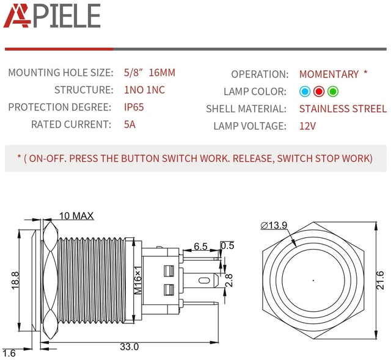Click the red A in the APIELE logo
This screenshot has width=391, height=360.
(17, 15)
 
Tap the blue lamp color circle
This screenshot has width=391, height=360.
(305, 92)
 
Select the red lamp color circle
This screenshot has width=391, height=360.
(319, 92)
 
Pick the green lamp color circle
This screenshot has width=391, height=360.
(332, 92)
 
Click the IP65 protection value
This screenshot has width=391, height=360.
(134, 107)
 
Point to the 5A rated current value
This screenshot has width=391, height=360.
(130, 124)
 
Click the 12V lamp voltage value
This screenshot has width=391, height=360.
(307, 126)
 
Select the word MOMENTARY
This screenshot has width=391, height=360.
(329, 74)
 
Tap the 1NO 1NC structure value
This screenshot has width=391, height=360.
(144, 90)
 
